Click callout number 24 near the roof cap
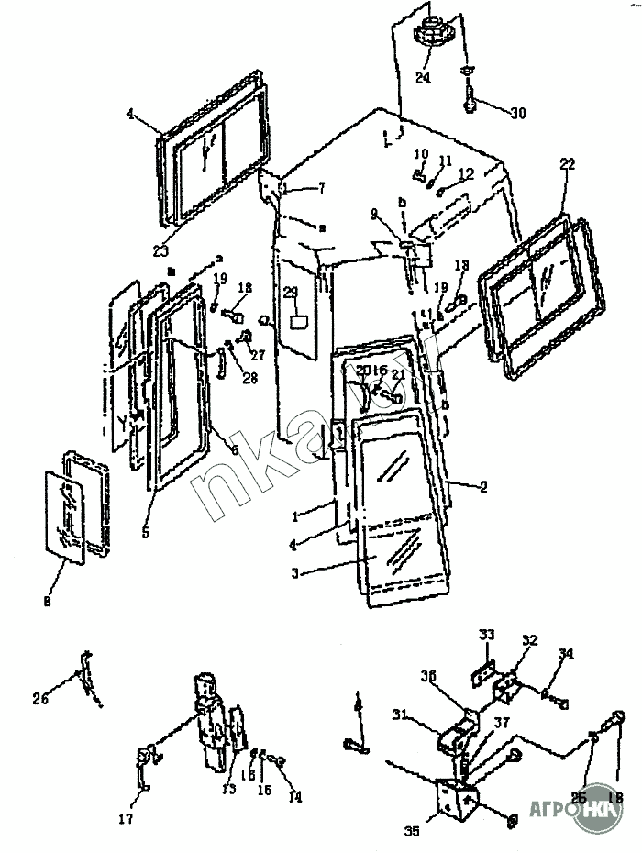422,78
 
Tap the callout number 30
518,114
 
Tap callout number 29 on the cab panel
291,293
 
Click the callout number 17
126,819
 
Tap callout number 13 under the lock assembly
229,789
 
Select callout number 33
487,634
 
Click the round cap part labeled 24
430,34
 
